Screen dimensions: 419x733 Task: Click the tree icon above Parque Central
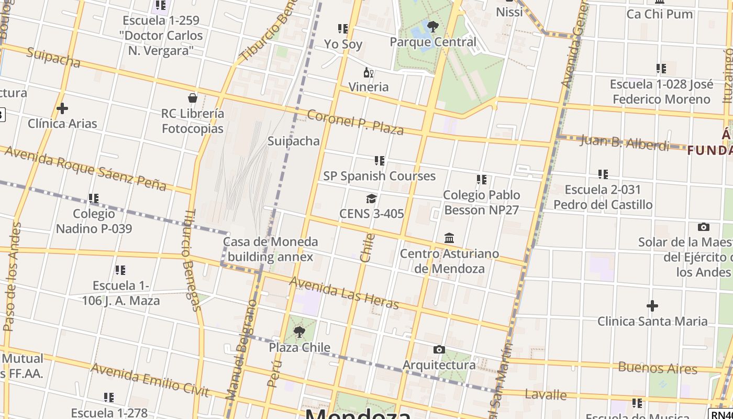432,26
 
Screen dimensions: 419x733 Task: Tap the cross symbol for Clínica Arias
62,108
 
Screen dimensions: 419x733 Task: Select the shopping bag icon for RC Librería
193,98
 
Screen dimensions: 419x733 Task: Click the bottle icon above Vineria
369,72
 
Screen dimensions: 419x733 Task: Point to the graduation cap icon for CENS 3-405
371,199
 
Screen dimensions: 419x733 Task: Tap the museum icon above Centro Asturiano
449,238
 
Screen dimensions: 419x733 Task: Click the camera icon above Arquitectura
439,349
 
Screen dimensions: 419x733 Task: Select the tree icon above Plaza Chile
299,332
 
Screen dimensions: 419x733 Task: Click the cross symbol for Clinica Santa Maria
652,305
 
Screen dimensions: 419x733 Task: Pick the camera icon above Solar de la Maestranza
704,227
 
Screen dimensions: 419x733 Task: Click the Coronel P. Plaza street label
355,123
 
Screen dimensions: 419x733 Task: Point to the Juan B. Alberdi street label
624,142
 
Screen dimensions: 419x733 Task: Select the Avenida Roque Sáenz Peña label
85,168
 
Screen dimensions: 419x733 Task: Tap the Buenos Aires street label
658,368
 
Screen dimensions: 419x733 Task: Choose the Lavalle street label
546,394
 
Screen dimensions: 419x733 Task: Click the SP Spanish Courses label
379,176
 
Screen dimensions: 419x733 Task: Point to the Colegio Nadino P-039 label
94,221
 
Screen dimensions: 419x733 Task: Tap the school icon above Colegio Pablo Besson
482,180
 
